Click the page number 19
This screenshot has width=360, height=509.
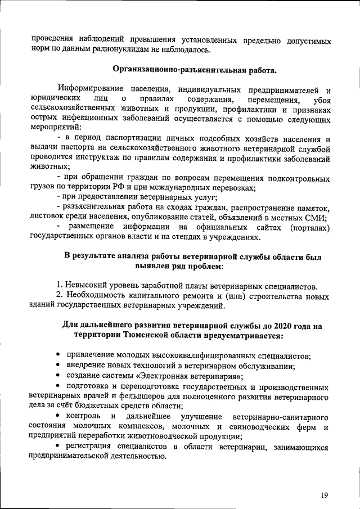pos(325,495)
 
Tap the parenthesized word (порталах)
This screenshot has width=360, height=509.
pos(307,227)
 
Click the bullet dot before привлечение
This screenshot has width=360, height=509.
pos(58,357)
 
